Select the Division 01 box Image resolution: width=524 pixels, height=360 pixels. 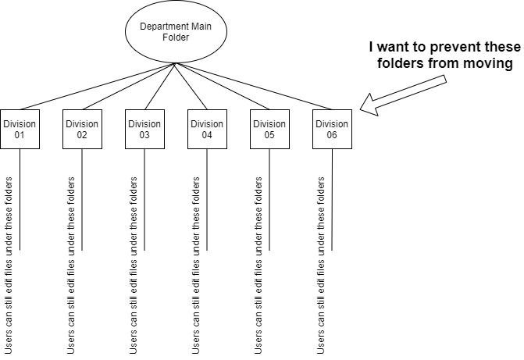tap(20, 129)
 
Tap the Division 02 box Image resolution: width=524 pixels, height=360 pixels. tap(82, 129)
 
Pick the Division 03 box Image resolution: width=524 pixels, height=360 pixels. tap(144, 129)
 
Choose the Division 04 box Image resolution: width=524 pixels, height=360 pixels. tap(207, 129)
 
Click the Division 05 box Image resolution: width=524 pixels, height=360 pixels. tap(269, 129)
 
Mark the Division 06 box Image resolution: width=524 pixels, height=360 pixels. tap(332, 129)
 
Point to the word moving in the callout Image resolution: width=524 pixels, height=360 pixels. tap(491, 64)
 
